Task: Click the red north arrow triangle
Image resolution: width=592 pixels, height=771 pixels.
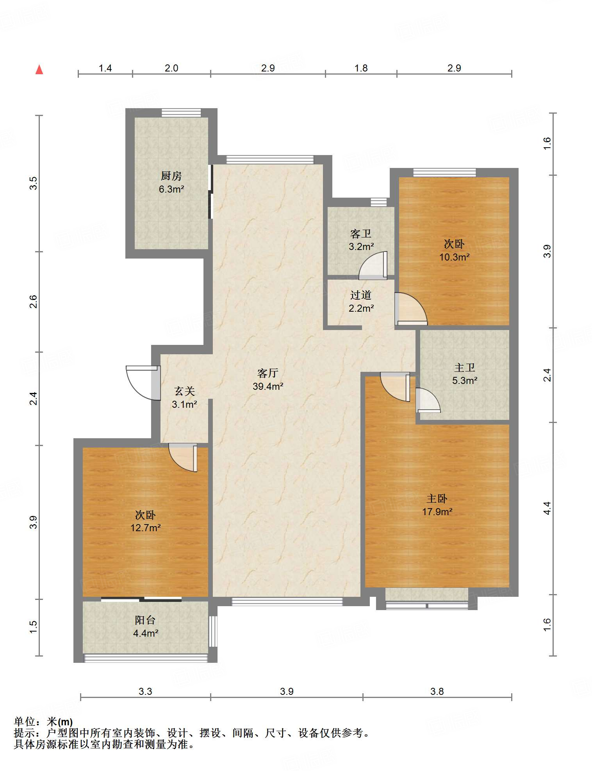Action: pos(39,70)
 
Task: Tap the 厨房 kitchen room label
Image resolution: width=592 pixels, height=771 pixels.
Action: pos(171,176)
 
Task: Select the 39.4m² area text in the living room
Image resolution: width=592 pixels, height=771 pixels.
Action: pos(268,387)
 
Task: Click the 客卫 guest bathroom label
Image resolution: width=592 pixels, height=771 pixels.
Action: pos(361,234)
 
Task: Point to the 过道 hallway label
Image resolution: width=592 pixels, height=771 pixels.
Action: pos(361,295)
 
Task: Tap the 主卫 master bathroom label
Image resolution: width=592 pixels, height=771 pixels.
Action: pos(465,368)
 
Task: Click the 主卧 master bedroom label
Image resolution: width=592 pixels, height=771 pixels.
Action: pos(437,499)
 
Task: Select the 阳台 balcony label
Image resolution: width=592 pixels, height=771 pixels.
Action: pos(145,620)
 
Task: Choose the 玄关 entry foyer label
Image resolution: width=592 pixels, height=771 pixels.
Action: pos(184,391)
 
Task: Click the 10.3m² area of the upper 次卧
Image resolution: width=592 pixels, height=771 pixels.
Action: pos(455,257)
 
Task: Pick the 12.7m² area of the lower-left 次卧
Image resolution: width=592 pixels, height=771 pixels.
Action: pos(146,528)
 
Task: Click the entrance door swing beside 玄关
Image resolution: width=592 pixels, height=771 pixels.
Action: pos(143,383)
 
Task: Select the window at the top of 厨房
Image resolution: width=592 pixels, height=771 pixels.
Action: pos(181,112)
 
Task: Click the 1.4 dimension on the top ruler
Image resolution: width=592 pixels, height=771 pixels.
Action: pos(105,68)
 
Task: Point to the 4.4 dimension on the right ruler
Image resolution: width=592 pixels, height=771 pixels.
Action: pos(547,508)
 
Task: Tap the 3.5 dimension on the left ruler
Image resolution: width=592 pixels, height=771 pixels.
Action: pos(34,183)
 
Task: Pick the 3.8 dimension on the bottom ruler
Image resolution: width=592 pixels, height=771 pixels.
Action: pos(437,692)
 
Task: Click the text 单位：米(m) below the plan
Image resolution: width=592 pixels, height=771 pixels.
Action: pos(43,722)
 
